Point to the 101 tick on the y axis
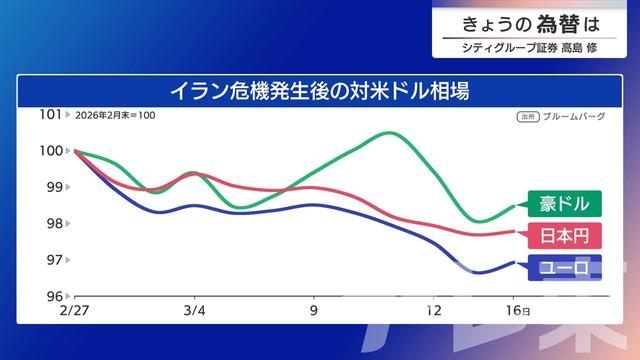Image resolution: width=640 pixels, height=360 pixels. pos(50,114)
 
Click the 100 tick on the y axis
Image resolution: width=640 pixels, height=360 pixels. pos(50,151)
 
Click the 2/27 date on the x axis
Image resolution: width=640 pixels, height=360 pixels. pos(74,311)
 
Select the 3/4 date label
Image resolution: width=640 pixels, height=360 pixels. pos(194,311)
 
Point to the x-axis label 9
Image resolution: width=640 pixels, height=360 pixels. pos(314,311)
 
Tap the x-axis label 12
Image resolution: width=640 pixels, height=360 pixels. pos(434,311)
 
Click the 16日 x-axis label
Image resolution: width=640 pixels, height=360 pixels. pos(517,311)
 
